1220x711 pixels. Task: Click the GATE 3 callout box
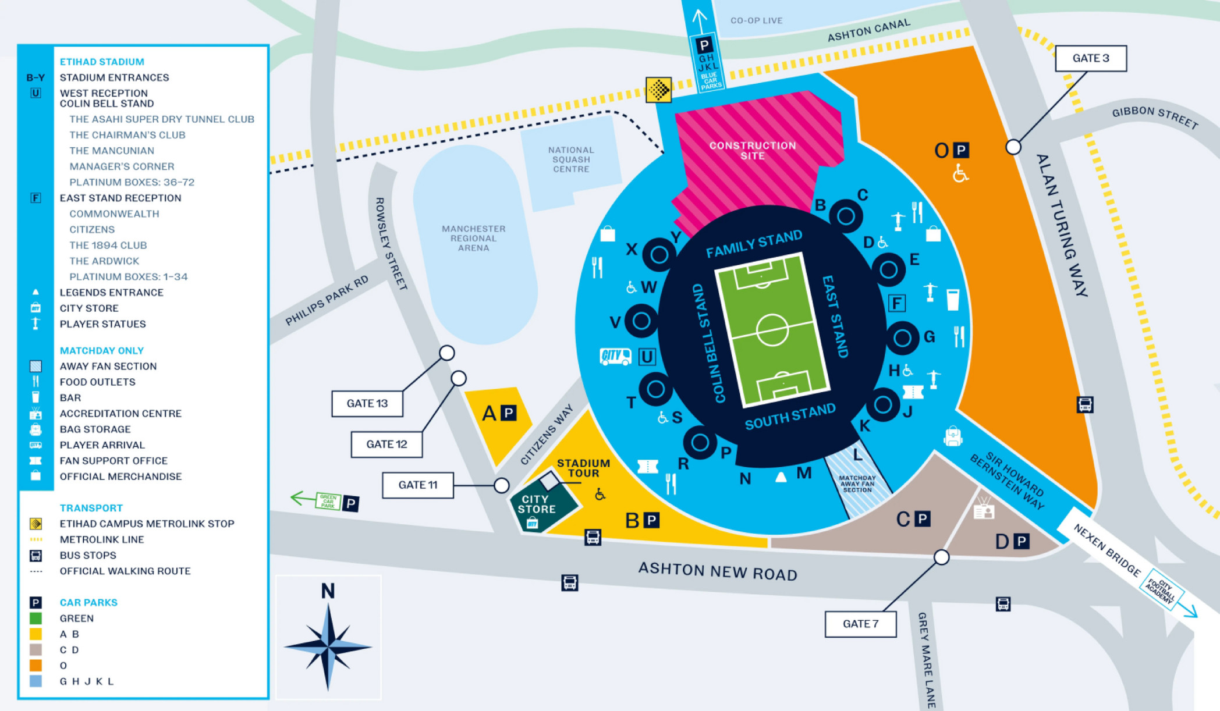point(1091,58)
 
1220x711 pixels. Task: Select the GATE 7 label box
point(860,624)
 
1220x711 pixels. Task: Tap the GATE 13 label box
point(367,403)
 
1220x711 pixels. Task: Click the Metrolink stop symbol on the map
point(658,90)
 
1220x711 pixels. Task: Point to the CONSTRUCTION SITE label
point(752,150)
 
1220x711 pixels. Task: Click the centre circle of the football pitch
point(772,330)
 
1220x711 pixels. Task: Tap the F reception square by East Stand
point(896,303)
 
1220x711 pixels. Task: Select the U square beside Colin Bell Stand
point(647,356)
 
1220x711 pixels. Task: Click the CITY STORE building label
point(536,504)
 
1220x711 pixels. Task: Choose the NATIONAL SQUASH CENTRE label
point(571,159)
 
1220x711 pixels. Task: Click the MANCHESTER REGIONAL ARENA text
point(473,238)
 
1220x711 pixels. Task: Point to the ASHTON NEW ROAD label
point(718,571)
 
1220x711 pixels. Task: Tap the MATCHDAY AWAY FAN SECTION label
point(857,484)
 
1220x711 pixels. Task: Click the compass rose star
point(328,646)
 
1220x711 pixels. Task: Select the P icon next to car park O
point(961,150)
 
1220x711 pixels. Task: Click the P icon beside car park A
point(509,413)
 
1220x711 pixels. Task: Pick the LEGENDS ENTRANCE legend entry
point(111,293)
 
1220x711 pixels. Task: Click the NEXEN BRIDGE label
point(1106,550)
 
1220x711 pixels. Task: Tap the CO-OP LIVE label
point(756,20)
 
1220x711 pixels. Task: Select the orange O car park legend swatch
point(36,665)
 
